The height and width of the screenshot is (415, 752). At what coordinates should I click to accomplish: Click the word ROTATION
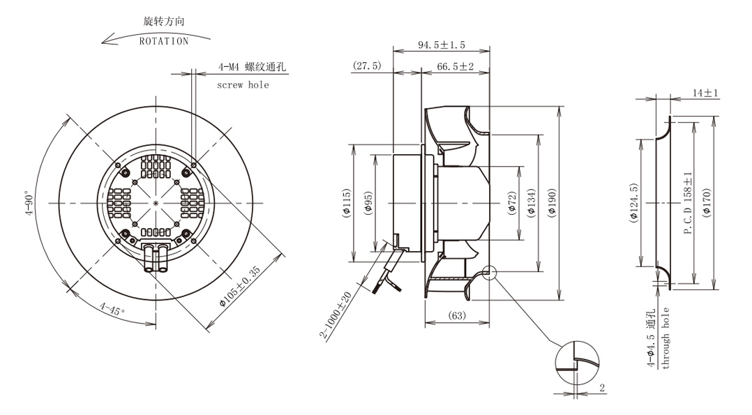[164, 42]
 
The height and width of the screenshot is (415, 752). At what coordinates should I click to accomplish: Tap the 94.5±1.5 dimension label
[441, 45]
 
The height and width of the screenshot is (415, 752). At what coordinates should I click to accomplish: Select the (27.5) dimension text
[367, 66]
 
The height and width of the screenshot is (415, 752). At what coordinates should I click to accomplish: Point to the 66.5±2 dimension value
[455, 67]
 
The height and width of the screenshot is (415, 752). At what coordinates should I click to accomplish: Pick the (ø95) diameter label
[368, 203]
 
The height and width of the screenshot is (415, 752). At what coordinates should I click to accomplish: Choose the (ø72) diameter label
[512, 203]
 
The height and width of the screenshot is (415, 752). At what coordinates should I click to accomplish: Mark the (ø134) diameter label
[532, 203]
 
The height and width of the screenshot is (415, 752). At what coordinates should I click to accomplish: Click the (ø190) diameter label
[552, 203]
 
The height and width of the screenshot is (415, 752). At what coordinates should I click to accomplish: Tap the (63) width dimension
[456, 316]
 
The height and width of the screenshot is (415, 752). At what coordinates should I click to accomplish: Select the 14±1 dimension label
[705, 93]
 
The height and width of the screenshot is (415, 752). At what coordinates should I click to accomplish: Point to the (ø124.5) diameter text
[633, 203]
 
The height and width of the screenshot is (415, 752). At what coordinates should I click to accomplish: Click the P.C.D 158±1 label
[689, 203]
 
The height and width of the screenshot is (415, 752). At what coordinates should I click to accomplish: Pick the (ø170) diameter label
[707, 203]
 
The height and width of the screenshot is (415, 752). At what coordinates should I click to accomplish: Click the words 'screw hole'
[243, 85]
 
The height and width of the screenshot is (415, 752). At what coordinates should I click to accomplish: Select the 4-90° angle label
[30, 204]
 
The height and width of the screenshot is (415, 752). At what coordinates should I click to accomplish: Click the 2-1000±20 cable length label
[337, 315]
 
